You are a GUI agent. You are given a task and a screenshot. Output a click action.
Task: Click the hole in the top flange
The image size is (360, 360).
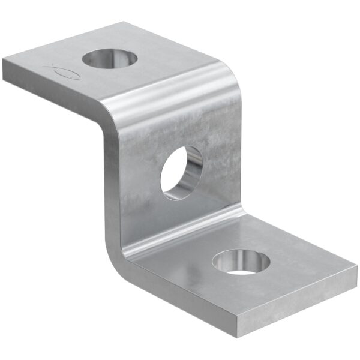(x=110, y=59)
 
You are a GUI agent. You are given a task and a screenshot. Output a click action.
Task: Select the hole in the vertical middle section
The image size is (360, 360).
(x=182, y=172)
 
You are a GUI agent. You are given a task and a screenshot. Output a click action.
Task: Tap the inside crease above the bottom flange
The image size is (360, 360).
(x=186, y=231)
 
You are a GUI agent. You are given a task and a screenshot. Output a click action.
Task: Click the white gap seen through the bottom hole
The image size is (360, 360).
(x=243, y=272)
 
